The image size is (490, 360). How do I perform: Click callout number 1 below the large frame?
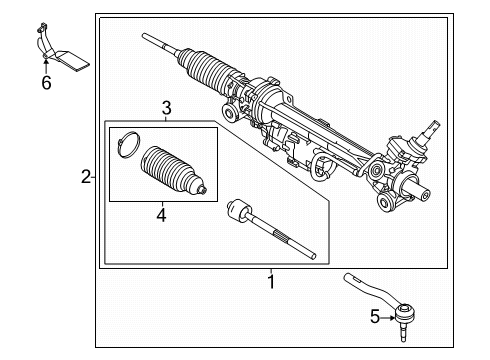click(269, 282)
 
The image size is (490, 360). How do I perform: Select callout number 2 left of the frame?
click(86, 179)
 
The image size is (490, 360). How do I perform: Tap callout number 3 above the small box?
click(168, 108)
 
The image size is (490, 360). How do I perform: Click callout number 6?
click(46, 83)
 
